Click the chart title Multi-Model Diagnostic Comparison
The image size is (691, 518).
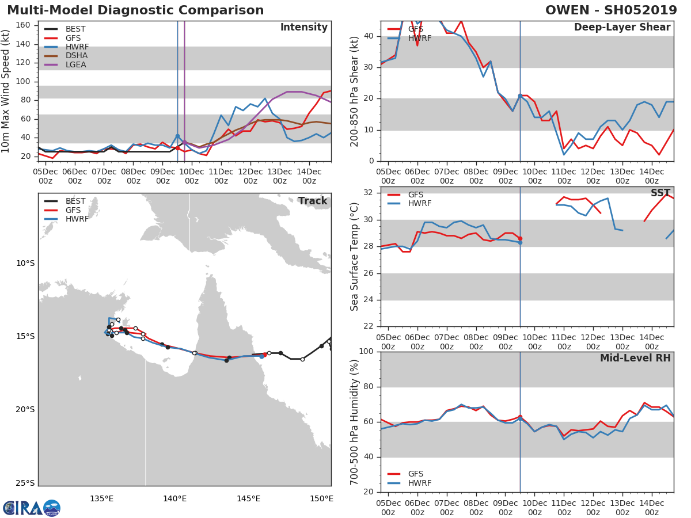pyautogui.click(x=135, y=10)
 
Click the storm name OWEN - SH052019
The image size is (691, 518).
pyautogui.click(x=611, y=10)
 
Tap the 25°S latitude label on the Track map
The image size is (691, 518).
pyautogui.click(x=25, y=483)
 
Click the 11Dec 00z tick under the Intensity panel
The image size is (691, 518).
pyautogui.click(x=221, y=176)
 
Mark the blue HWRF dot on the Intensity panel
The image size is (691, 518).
pyautogui.click(x=177, y=136)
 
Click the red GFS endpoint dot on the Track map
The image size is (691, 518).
pyautogui.click(x=265, y=355)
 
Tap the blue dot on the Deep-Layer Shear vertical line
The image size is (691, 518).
pyautogui.click(x=520, y=96)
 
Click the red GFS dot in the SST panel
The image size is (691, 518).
pyautogui.click(x=520, y=239)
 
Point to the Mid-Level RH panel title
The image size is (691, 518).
pyautogui.click(x=635, y=358)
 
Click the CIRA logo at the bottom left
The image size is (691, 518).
pyautogui.click(x=32, y=508)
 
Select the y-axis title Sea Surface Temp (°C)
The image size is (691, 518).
pyautogui.click(x=354, y=257)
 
